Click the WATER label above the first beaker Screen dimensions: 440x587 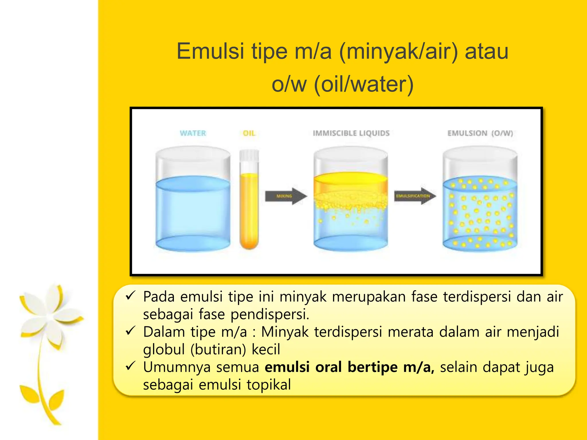coord(193,133)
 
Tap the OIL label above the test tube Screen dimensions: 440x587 coord(249,133)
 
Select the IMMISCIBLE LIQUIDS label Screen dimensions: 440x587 coord(351,133)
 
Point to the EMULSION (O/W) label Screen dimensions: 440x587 coord(480,133)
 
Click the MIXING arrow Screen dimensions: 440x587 coord(285,196)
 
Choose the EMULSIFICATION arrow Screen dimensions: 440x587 coord(414,196)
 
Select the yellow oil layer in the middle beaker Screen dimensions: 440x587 coord(351,183)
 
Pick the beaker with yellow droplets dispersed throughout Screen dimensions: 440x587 coord(480,212)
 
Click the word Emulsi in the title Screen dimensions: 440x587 coord(210,52)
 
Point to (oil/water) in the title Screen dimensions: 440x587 coord(364,85)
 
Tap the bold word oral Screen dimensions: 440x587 coord(328,367)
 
